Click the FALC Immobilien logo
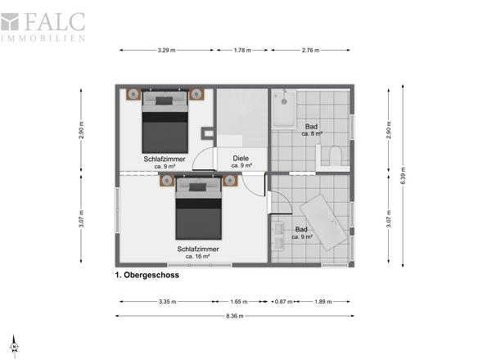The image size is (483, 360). point(43,27)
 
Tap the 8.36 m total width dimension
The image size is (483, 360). point(235,316)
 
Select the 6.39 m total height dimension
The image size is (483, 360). point(403,176)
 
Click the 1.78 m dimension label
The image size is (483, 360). point(242,50)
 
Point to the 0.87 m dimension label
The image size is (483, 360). point(283,301)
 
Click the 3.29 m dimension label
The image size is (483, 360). point(166,50)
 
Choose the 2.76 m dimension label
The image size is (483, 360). point(310,50)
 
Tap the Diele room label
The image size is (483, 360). point(241,158)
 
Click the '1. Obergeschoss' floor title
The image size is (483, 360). point(147,275)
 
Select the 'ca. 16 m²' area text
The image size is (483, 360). point(198,256)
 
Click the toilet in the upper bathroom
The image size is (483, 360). point(335,155)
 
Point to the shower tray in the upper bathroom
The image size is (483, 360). point(284,108)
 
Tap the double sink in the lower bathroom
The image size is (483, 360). point(278,236)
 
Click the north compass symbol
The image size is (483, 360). point(14,346)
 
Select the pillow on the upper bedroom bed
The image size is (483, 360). point(164,101)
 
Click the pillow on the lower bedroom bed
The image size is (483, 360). point(197,187)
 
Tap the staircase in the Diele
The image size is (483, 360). point(242,118)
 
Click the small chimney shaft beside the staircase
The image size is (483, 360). point(208,133)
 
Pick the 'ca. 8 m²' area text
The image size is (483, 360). point(312,134)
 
